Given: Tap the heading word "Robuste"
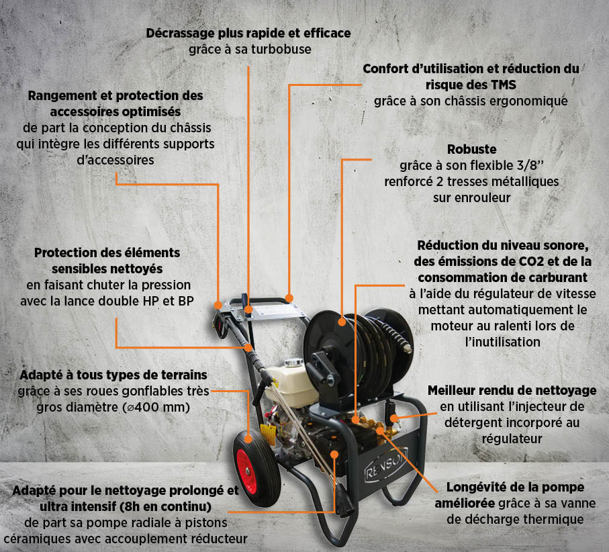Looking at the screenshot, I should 471,149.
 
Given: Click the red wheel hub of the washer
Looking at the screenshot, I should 242,461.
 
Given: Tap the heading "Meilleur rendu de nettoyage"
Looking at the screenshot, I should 512,391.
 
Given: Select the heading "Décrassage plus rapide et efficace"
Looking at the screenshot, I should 249,33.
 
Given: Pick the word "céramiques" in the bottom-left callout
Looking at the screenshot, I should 36,538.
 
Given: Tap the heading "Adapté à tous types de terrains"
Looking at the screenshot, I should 113,375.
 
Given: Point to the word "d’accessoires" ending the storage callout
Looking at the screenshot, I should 115,160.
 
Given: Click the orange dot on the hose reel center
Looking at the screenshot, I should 342,322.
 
